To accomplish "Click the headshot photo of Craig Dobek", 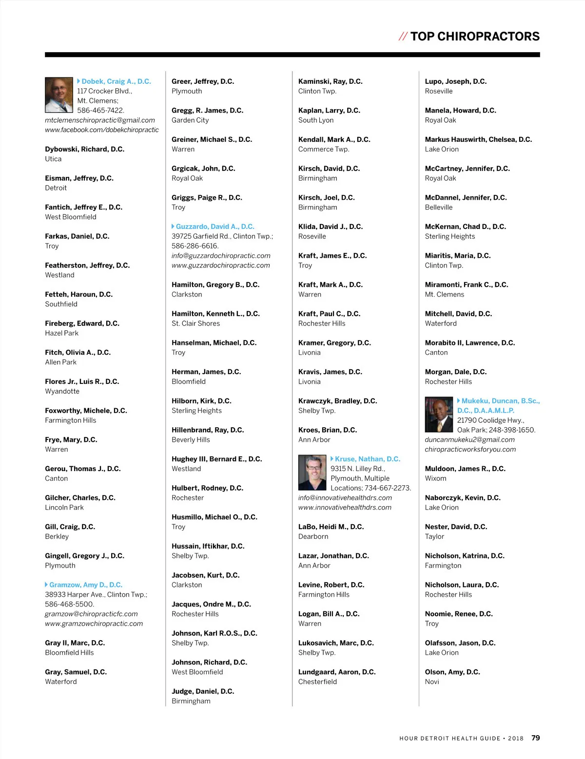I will [58, 95].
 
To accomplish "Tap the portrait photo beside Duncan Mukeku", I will [439, 415].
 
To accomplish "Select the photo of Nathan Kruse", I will [312, 473].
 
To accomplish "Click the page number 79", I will [535, 738].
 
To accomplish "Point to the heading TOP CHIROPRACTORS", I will [475, 37].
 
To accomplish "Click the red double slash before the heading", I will [403, 37].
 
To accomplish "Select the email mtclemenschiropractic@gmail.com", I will [100, 120].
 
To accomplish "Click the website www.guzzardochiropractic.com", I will [220, 265].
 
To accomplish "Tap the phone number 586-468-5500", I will [69, 604].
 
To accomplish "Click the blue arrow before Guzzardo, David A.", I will [173, 227].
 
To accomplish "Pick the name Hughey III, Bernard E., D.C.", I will [216, 459].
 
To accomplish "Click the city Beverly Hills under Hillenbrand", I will [191, 439].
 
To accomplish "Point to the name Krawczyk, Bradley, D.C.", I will [337, 401].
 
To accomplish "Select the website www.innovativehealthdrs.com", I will [345, 507].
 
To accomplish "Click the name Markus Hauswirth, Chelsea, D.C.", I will [478, 139].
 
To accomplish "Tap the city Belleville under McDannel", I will [439, 207].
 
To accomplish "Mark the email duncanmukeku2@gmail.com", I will [469, 439].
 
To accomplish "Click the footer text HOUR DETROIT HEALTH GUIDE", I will [449, 739].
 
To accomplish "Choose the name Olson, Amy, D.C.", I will [452, 672].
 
